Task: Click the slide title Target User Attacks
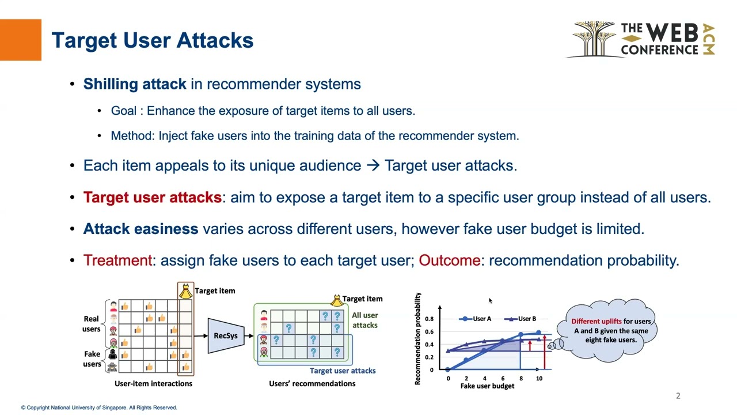(x=153, y=40)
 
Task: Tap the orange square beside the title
(x=21, y=40)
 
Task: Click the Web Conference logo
(x=643, y=40)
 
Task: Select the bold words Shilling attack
(x=135, y=84)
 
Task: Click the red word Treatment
(x=117, y=261)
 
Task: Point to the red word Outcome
(x=449, y=261)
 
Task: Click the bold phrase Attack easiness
(x=140, y=229)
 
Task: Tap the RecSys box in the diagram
(x=225, y=336)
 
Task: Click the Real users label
(x=92, y=324)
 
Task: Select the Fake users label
(x=92, y=359)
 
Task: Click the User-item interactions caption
(x=153, y=383)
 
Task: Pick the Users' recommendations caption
(x=312, y=383)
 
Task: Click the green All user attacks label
(x=364, y=320)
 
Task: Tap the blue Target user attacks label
(x=343, y=371)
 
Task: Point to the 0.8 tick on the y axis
(x=429, y=319)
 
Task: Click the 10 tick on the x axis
(x=539, y=379)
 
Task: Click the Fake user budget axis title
(x=487, y=386)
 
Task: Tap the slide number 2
(x=678, y=395)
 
